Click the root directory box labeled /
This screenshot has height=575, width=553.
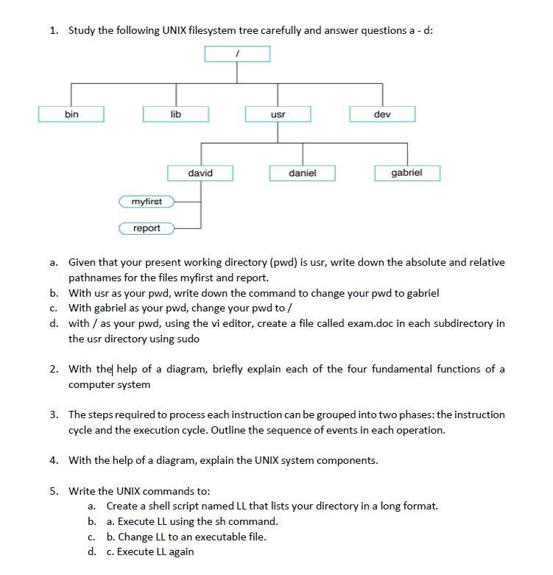pyautogui.click(x=238, y=54)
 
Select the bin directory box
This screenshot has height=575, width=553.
pyautogui.click(x=71, y=114)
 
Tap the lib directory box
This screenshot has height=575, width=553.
pyautogui.click(x=175, y=114)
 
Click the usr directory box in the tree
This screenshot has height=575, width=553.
pyautogui.click(x=278, y=114)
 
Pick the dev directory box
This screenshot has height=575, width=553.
pyautogui.click(x=382, y=114)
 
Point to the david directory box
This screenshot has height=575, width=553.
pyautogui.click(x=200, y=173)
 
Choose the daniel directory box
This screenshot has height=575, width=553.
pyautogui.click(x=303, y=173)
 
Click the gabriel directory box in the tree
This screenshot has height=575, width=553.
pyautogui.click(x=407, y=173)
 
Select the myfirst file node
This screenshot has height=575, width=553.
pyautogui.click(x=147, y=201)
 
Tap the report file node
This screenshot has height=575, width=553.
pyautogui.click(x=147, y=228)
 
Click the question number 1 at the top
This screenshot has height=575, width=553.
pyautogui.click(x=54, y=30)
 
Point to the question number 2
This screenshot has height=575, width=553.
pyautogui.click(x=54, y=369)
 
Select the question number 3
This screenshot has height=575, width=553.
pyautogui.click(x=54, y=415)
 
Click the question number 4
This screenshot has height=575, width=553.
pyautogui.click(x=54, y=460)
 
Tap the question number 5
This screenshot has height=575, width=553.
pyautogui.click(x=54, y=491)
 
